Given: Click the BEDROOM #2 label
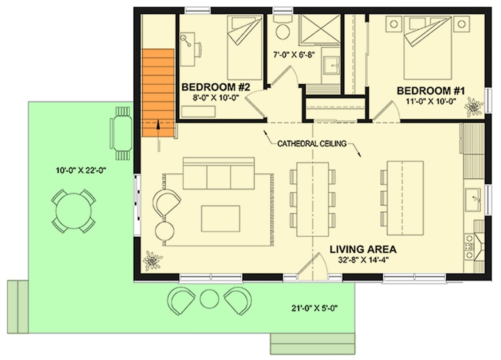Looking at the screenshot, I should pos(215,86).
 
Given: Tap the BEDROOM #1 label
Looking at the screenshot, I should pos(430,91).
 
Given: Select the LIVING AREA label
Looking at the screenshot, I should pos(363,249).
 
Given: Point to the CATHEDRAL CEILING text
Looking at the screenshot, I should pos(311,144).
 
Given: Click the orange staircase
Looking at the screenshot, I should pos(158,92).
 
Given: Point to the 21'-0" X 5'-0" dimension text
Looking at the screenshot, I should pos(314,308).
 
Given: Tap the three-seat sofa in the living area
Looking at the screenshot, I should pos(219,174).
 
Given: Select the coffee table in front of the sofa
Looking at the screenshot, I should pos(221,218).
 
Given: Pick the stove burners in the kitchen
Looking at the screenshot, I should pos(469,246).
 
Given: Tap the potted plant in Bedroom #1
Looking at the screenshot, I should pos(474,107).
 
